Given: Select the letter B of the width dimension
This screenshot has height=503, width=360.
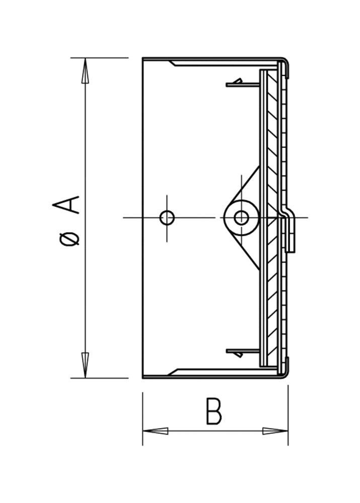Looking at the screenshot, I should click(x=213, y=411).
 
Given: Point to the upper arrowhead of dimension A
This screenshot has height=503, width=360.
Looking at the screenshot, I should click(x=85, y=70).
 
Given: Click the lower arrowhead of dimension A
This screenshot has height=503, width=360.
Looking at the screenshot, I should click(x=85, y=365).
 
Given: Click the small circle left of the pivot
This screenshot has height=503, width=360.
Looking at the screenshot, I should click(x=167, y=218).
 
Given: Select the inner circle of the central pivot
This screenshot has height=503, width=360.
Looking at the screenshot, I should click(x=241, y=218).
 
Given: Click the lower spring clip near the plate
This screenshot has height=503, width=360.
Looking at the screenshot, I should click(x=236, y=352).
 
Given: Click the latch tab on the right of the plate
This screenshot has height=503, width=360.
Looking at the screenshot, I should click(x=290, y=231).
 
